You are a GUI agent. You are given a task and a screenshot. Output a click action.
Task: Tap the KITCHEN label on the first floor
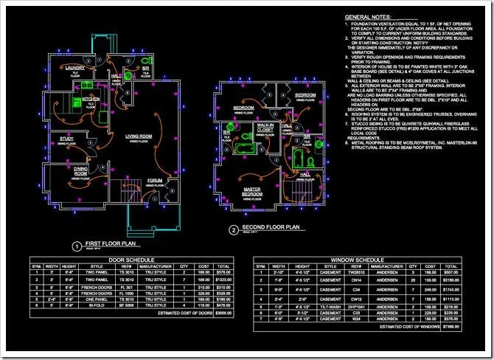pyautogui.click(x=91, y=98)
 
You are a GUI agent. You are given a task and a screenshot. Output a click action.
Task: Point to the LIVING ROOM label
pyautogui.click(x=138, y=136)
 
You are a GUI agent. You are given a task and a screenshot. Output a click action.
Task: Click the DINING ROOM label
pyautogui.click(x=80, y=171)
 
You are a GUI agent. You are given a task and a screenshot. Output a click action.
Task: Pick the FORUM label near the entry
pyautogui.click(x=154, y=179)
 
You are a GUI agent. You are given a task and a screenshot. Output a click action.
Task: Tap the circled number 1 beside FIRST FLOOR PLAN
pyautogui.click(x=75, y=246)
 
